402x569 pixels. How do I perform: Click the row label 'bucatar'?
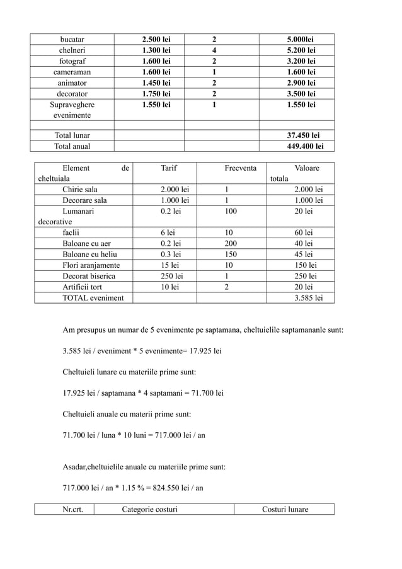[x=72, y=40]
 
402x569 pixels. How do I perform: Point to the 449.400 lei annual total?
[x=305, y=146]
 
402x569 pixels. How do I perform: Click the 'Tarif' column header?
[x=169, y=168]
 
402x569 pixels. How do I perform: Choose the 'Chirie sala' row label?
[x=80, y=190]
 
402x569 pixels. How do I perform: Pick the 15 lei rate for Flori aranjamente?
[x=169, y=265]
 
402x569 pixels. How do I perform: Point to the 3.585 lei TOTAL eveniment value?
[x=309, y=297]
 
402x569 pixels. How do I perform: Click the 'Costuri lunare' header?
[x=285, y=509]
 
